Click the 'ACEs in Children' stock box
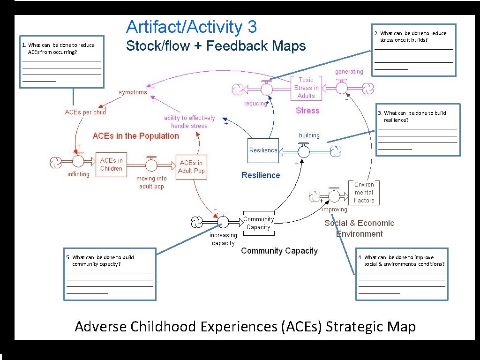111,165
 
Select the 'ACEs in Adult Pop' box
191,167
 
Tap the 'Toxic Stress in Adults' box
306,88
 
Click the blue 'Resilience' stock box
263,150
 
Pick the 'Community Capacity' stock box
258,223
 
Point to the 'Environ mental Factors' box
364,192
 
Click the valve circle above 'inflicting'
78,161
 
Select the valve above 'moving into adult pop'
151,165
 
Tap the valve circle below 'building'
304,151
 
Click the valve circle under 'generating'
342,88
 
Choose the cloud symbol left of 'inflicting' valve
56,162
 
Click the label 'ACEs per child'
85,112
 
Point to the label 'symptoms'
133,92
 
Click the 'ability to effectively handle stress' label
189,122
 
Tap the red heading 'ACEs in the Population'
135,136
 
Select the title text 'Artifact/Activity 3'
191,27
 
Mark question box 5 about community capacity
110,274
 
